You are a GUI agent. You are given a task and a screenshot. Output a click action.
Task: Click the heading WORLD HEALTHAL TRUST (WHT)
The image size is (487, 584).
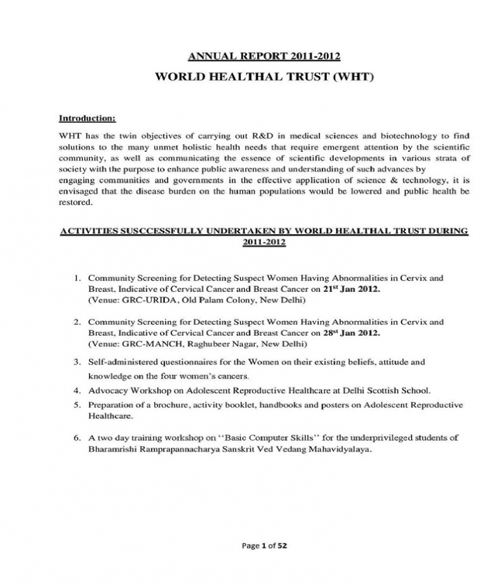point(264,76)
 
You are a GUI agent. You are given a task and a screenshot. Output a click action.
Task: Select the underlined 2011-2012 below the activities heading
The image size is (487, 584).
point(264,242)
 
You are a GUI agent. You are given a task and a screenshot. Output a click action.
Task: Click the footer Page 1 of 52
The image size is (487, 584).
point(264,546)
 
